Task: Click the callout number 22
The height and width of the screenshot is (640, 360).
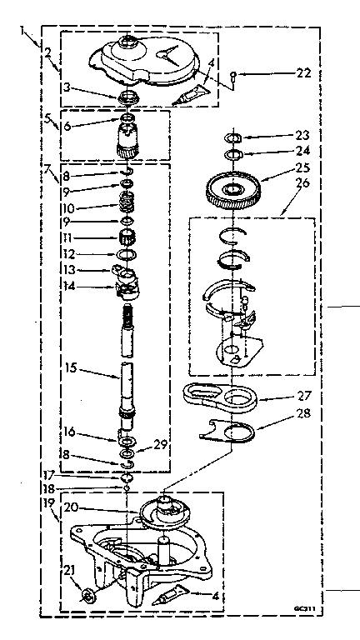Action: [x=302, y=73]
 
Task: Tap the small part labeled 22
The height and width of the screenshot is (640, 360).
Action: [x=234, y=75]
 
